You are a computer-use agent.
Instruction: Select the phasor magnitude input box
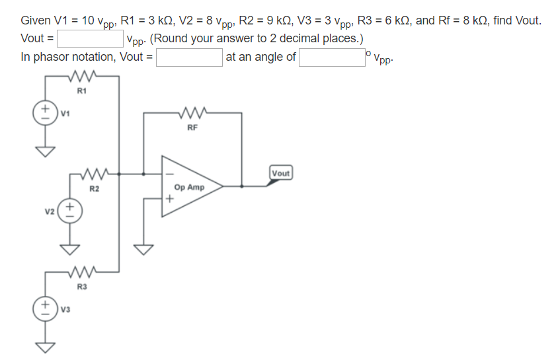tap(189, 57)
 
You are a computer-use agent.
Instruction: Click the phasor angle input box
tap(331, 57)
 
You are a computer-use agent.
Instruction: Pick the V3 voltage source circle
tap(46, 308)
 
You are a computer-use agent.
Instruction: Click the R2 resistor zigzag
tap(94, 175)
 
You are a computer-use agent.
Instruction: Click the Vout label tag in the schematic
tap(280, 173)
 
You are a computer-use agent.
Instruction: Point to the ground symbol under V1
tap(46, 152)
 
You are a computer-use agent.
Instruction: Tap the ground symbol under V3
tap(46, 347)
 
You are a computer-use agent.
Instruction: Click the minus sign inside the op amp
tap(169, 175)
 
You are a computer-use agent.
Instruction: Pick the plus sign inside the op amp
tap(169, 198)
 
